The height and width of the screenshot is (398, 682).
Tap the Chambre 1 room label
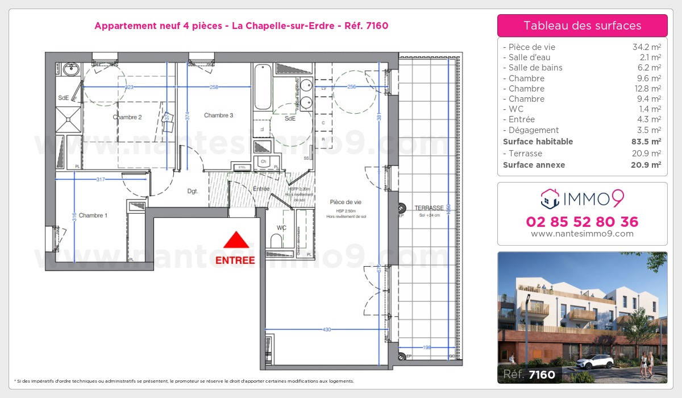pyautogui.click(x=92, y=215)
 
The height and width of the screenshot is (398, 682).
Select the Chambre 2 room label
pyautogui.click(x=127, y=117)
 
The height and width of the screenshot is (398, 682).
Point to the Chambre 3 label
pyautogui.click(x=218, y=115)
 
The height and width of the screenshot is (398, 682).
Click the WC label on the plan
pyautogui.click(x=281, y=228)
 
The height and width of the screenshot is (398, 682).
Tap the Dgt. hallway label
pyautogui.click(x=193, y=192)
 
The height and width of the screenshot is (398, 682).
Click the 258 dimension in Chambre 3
pyautogui.click(x=214, y=87)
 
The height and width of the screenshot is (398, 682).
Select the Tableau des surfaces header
pyautogui.click(x=582, y=26)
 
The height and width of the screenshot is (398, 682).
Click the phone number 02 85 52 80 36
pyautogui.click(x=582, y=222)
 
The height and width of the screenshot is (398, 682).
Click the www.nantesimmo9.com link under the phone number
pyautogui.click(x=582, y=234)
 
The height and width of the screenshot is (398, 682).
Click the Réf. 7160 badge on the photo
pyautogui.click(x=529, y=374)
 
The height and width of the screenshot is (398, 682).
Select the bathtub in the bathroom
pyautogui.click(x=263, y=87)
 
